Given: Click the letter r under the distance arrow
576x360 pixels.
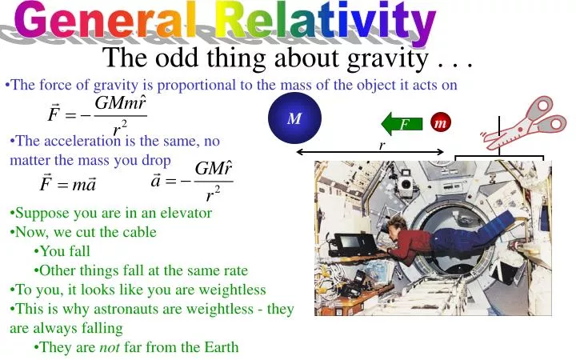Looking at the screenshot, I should click(x=382, y=146).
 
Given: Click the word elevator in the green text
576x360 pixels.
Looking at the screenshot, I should click(x=185, y=213).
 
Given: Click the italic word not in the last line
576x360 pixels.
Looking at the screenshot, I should click(x=109, y=347).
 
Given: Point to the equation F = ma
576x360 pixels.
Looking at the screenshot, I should click(x=67, y=185).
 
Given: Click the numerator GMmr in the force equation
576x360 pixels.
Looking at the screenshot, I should click(x=120, y=105).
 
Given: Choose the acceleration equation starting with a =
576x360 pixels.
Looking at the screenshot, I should click(x=192, y=181).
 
